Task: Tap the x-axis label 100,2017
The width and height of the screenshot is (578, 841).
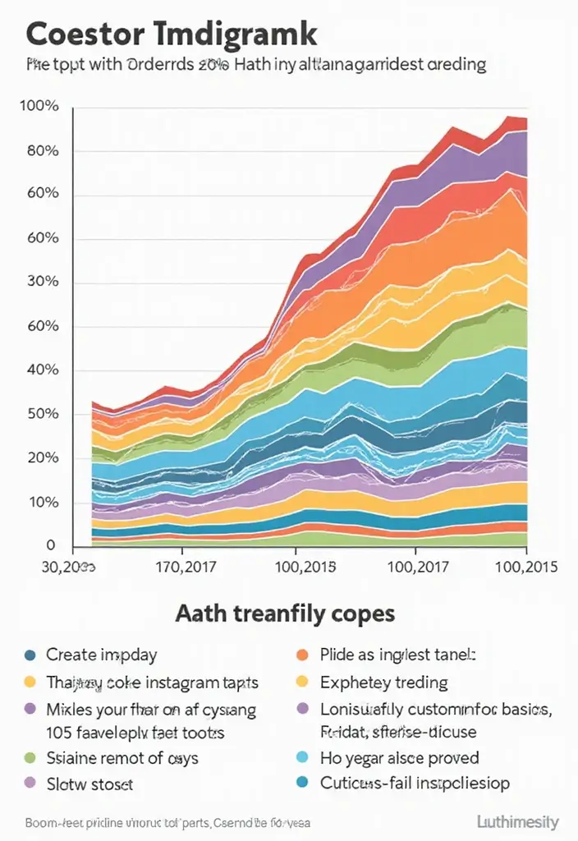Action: [x=415, y=567]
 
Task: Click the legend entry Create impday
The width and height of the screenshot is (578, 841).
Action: [x=101, y=655]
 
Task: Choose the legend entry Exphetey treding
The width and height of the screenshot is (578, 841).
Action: [x=383, y=682]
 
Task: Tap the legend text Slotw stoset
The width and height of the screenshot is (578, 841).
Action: [x=89, y=784]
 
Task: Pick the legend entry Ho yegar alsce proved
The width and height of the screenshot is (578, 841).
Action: [x=399, y=757]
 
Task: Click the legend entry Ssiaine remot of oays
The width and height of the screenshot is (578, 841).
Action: [x=122, y=757]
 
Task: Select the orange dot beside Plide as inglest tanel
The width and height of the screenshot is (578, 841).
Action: [x=300, y=655]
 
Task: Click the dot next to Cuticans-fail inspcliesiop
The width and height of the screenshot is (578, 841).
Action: [x=300, y=784]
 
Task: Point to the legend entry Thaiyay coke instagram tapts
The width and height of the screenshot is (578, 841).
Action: [x=152, y=682]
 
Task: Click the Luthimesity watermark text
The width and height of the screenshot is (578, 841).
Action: [x=517, y=821]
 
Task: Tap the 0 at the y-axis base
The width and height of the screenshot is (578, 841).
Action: [x=50, y=545]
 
